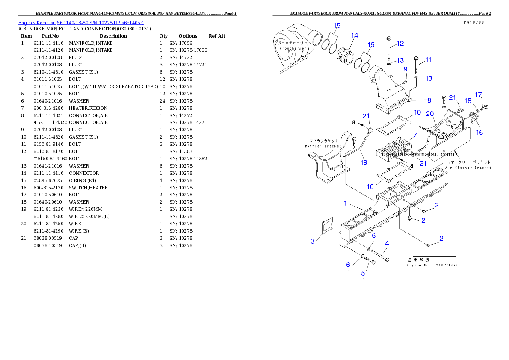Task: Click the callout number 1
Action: click(345, 203)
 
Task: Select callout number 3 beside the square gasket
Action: click(312, 241)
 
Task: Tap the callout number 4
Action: click(387, 243)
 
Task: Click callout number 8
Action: click(429, 100)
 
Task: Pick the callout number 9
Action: click(405, 69)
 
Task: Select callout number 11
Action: click(428, 59)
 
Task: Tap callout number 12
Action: click(400, 43)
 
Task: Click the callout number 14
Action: click(355, 35)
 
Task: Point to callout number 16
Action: click(479, 133)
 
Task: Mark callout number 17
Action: click(479, 94)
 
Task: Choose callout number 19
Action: click(364, 162)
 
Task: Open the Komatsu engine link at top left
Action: click(81, 22)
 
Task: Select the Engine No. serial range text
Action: click(433, 265)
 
